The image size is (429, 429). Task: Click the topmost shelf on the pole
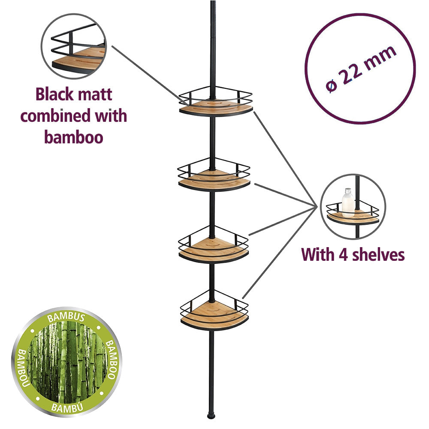[x=216, y=105]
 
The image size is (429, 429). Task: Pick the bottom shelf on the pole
[x=214, y=315]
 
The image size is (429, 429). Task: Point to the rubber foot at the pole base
[x=210, y=416]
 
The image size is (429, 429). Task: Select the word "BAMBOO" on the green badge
[x=111, y=361]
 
